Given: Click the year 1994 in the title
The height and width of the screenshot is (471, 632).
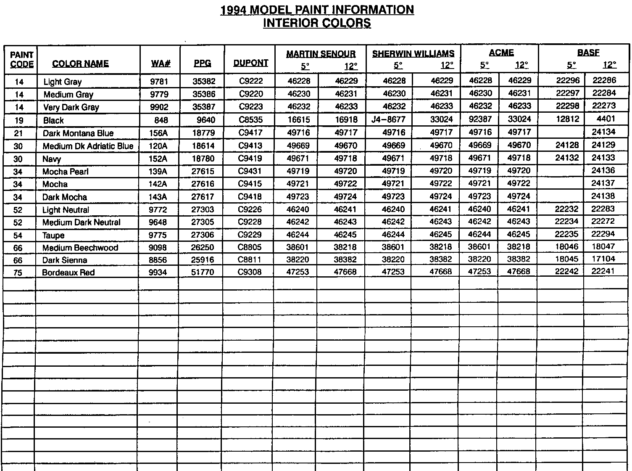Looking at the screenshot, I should point(234,10).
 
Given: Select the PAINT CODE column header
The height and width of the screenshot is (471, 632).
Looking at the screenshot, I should point(21,60).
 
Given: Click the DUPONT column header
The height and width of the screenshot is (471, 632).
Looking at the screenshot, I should point(250,63).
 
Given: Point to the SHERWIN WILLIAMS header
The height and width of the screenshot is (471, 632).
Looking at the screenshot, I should point(413,53).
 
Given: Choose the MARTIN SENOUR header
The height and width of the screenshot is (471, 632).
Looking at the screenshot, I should point(321,54).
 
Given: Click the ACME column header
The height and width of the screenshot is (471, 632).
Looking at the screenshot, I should point(501,53).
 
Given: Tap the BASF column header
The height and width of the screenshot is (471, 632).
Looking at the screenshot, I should point(588,53).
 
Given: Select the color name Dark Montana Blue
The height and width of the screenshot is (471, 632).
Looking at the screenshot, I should point(78,133).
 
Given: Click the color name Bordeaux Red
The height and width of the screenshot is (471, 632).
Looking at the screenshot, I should point(68,273).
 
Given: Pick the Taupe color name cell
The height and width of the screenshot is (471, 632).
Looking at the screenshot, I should point(53,235).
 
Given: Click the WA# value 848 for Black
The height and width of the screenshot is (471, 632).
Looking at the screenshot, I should point(161,120).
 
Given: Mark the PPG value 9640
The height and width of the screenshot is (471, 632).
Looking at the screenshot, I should point(206,120).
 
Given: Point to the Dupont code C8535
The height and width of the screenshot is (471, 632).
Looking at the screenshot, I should point(250,120).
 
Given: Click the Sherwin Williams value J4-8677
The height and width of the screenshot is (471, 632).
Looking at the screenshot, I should point(389,119).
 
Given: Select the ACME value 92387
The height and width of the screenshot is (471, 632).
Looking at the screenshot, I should point(480,119).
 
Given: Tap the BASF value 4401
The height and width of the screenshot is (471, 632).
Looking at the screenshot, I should point(606,119).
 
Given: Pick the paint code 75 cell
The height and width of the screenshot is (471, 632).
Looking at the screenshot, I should point(18,273).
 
